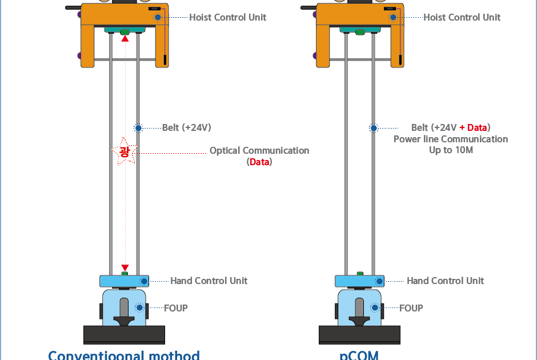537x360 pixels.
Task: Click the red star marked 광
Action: tap(124, 152)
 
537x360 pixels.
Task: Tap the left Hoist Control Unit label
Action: tap(227, 17)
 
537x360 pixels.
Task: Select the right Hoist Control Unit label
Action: tap(462, 17)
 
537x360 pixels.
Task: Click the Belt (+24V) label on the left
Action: tap(186, 127)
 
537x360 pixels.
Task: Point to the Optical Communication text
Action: tap(259, 151)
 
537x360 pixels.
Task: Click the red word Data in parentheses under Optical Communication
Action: tap(259, 162)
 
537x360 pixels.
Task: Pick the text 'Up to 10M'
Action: tap(451, 150)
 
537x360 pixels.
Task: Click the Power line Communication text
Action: tap(451, 139)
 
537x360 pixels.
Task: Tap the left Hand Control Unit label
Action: tap(209, 281)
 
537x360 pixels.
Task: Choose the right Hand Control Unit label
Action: tap(445, 281)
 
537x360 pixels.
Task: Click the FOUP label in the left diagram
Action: tap(175, 308)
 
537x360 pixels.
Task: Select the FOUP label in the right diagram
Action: tap(411, 308)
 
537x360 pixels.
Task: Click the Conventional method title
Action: tap(124, 355)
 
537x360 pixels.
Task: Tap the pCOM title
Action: tap(359, 355)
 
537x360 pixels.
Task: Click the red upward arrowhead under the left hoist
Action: tap(125, 38)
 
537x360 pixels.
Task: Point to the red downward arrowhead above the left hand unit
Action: tap(125, 268)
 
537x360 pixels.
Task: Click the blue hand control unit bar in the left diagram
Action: tap(120, 281)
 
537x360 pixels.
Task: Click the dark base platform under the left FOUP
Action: tap(124, 334)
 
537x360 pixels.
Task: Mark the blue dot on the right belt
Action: tap(373, 128)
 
